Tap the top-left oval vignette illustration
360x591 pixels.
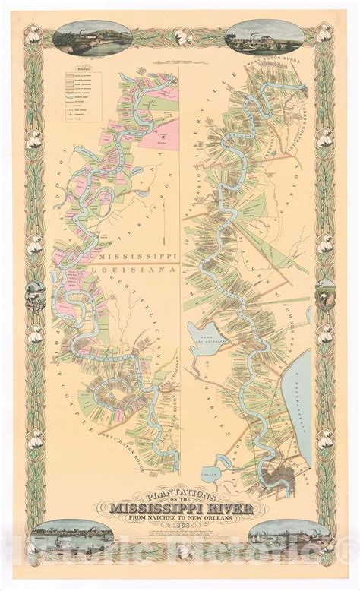(83, 38)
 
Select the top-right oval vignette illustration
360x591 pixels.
(278, 38)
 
